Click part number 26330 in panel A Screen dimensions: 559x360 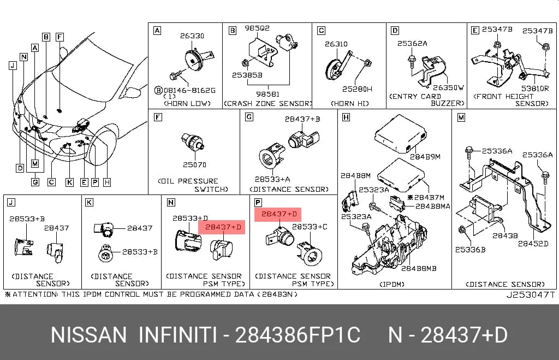[192, 36]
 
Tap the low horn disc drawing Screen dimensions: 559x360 [194, 62]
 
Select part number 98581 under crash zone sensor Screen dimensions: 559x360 [267, 94]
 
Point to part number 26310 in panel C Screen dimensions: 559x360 [336, 44]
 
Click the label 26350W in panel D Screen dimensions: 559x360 [448, 87]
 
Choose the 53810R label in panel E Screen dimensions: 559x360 [535, 88]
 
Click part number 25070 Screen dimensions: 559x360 [195, 164]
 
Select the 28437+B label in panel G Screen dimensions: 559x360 [302, 119]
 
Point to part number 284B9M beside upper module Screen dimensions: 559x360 [425, 156]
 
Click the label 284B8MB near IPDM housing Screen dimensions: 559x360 [419, 268]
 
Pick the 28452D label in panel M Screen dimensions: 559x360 [533, 243]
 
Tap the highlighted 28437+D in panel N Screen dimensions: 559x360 [223, 227]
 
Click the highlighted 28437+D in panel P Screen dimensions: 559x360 [279, 214]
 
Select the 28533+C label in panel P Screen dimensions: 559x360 [310, 227]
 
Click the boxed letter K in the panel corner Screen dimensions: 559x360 [89, 203]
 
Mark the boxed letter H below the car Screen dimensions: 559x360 [107, 182]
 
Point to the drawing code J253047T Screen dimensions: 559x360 [531, 294]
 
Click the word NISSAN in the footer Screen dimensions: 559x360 [88, 335]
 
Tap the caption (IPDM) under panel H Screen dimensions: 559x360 [392, 285]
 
